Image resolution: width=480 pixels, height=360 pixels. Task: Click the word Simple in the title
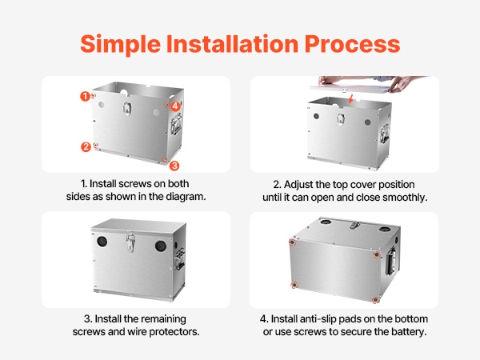point(120,45)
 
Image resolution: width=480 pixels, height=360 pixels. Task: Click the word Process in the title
point(352,44)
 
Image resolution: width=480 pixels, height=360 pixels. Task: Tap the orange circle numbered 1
point(85,97)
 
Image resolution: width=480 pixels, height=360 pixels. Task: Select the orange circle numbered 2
point(86,147)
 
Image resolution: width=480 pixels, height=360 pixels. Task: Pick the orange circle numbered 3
point(174,166)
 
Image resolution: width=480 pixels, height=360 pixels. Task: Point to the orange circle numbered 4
point(175,106)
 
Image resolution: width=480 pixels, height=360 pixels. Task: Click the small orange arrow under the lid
point(350,99)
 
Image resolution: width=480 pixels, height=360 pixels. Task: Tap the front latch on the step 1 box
point(127,108)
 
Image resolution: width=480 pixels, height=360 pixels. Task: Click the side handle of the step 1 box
point(176,125)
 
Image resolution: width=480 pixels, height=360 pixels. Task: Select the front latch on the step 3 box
point(130,242)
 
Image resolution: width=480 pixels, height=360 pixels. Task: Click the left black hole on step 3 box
point(102,242)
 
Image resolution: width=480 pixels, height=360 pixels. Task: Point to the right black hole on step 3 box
point(161,246)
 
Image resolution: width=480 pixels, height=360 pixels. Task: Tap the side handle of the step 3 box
point(180,259)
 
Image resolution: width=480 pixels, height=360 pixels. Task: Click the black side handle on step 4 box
point(391,261)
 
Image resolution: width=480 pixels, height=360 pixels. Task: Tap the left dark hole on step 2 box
point(316,116)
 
